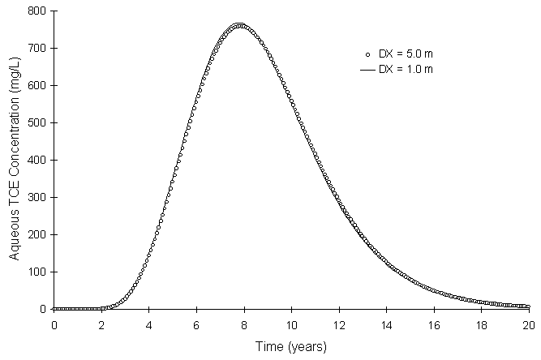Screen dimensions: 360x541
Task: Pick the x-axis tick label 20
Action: pos(529,324)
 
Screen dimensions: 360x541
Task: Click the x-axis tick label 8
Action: pos(244,324)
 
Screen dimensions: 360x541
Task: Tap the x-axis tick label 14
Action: pos(387,324)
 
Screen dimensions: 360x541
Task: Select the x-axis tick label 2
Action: pos(101,324)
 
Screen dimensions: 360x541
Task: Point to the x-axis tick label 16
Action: pos(434,324)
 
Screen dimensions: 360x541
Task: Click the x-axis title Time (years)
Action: pos(291,346)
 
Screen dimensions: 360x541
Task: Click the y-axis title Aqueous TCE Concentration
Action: pos(15,161)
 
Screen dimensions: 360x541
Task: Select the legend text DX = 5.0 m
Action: pos(406,54)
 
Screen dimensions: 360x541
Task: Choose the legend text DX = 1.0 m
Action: pos(406,70)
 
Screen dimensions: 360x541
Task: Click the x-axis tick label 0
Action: pos(54,324)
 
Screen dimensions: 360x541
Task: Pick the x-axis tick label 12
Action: pos(339,324)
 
